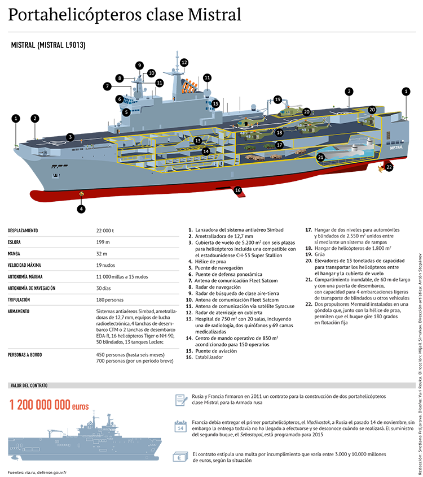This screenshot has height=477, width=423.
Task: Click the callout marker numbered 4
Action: point(81,209)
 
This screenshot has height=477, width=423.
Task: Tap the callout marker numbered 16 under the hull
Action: point(237,190)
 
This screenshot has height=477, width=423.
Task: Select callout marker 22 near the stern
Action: point(389,167)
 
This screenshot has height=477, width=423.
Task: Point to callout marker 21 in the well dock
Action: point(320,157)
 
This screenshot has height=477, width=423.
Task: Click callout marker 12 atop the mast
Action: point(184,62)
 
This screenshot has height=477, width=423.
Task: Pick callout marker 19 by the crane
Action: point(277,99)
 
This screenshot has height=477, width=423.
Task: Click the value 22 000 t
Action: point(105,231)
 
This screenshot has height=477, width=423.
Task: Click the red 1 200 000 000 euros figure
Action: point(49,405)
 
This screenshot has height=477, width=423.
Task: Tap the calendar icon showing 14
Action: point(180,426)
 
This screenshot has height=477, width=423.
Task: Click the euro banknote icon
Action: point(180,457)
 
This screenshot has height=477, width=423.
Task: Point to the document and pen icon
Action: point(180,400)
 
